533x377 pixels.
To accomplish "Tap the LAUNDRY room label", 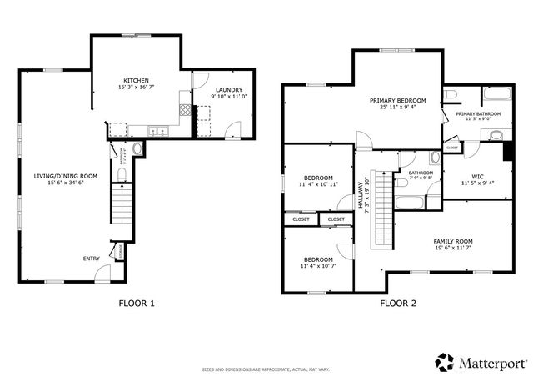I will (x=227, y=89).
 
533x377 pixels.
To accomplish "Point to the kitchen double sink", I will (x=156, y=130).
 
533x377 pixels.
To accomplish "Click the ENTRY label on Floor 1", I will (x=91, y=259).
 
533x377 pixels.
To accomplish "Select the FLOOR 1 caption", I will (x=137, y=304).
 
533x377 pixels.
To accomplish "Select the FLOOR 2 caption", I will (x=398, y=304).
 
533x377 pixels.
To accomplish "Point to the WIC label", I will (x=477, y=176).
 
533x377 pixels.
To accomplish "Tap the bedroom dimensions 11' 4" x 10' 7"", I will (x=317, y=266).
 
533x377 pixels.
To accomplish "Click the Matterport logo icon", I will (x=444, y=362).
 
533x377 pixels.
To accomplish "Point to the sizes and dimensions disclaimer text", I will (x=265, y=369).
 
